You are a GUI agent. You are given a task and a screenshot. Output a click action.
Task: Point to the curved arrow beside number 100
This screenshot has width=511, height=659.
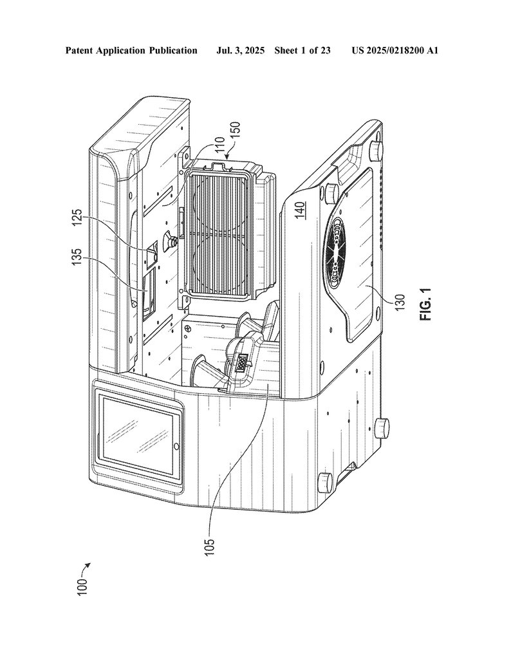click(x=86, y=566)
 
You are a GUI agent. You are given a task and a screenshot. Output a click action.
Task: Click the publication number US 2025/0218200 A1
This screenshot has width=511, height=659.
click(x=395, y=50)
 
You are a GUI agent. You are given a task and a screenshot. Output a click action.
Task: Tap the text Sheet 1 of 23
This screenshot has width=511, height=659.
click(x=302, y=50)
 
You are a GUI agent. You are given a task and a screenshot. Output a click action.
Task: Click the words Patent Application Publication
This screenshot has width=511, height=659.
click(x=131, y=50)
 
